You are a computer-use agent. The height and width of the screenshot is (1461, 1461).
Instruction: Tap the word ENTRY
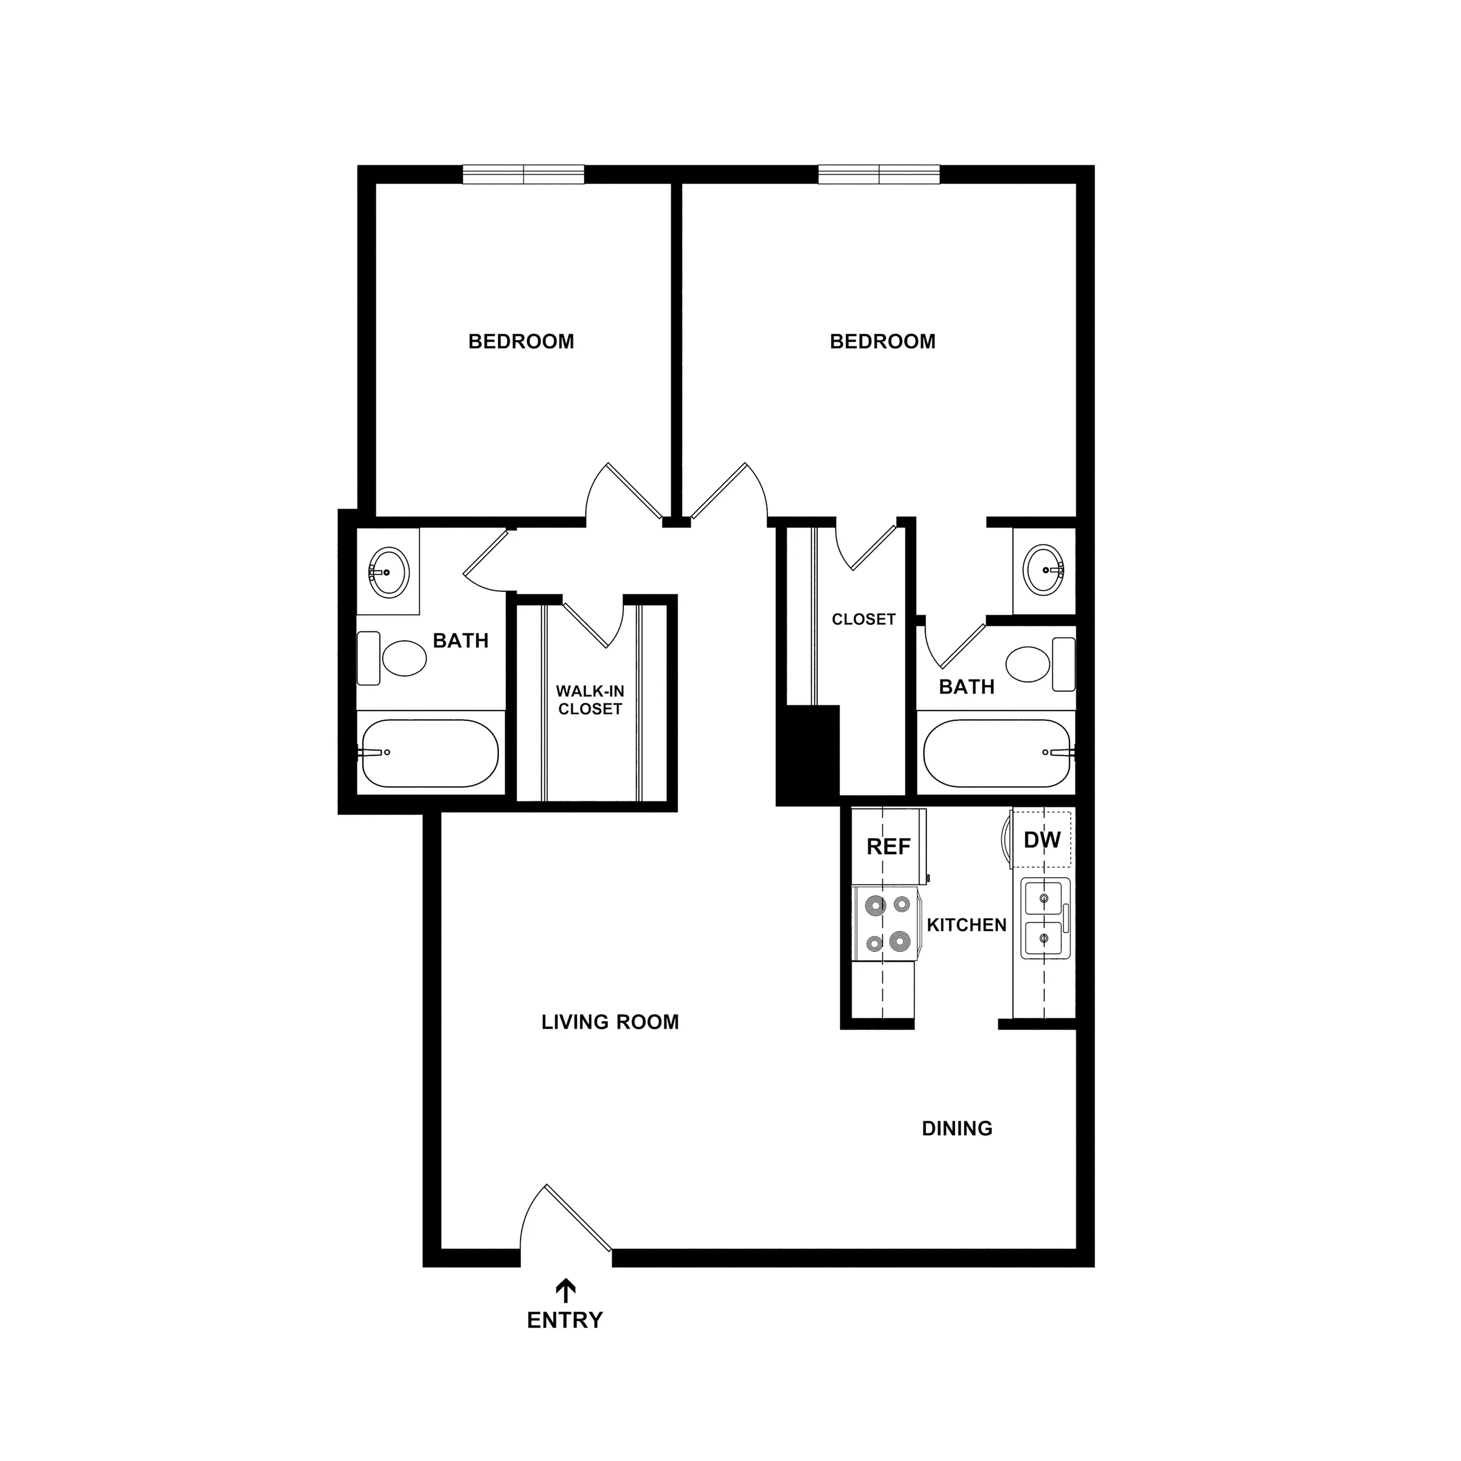(565, 1320)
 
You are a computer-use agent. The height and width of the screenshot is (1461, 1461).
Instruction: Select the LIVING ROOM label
(610, 1022)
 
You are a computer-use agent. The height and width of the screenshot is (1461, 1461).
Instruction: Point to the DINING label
(957, 1129)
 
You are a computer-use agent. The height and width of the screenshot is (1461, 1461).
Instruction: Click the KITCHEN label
(966, 925)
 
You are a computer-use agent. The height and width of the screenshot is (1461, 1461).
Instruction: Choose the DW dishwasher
(1041, 840)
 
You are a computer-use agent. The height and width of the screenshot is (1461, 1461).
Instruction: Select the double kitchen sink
(1045, 919)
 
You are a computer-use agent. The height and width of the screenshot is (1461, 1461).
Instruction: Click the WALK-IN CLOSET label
(590, 700)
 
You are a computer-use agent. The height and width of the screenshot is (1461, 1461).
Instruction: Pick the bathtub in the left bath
(430, 753)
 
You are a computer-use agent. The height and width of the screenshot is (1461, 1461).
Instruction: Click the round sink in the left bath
(389, 572)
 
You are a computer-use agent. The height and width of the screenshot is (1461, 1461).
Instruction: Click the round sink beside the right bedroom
(1044, 569)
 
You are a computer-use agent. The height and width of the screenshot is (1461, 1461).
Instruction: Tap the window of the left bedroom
(524, 175)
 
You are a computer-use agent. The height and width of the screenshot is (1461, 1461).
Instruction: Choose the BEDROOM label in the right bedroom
(882, 342)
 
